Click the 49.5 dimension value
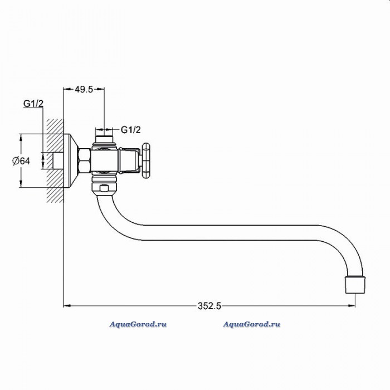pos(84,89)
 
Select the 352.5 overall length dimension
pos(209,306)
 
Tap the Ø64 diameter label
pos(21,161)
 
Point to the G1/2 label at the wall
pos(33,104)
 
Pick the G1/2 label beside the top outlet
pos(131,130)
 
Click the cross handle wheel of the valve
pos(145,160)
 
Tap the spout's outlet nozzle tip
pos(355,284)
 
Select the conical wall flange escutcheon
pos(70,160)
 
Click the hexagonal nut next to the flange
pos(84,160)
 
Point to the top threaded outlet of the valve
pos(104,139)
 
